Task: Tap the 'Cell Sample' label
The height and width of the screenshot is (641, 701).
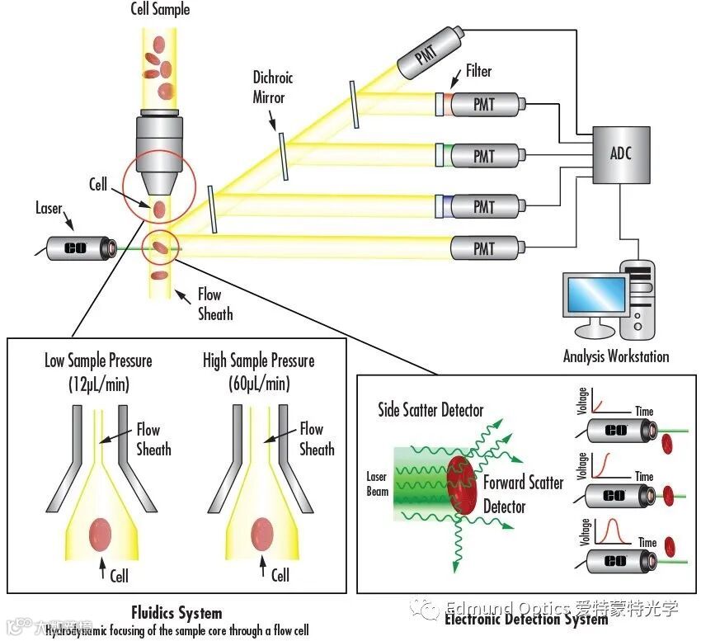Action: pyautogui.click(x=160, y=10)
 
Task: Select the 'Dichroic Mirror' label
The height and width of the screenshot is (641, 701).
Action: pyautogui.click(x=273, y=87)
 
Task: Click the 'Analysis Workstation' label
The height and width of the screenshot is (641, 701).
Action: pyautogui.click(x=616, y=356)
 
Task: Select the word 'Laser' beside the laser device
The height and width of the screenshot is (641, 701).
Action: pyautogui.click(x=49, y=209)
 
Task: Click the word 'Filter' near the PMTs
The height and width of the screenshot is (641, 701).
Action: pyautogui.click(x=478, y=72)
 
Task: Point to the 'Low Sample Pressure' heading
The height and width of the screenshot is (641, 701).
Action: pyautogui.click(x=98, y=361)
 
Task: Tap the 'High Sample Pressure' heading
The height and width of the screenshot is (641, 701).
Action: pyautogui.click(x=258, y=361)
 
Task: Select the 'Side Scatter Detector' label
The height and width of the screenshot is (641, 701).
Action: pyautogui.click(x=430, y=410)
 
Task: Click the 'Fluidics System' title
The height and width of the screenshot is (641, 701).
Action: pyautogui.click(x=176, y=613)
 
